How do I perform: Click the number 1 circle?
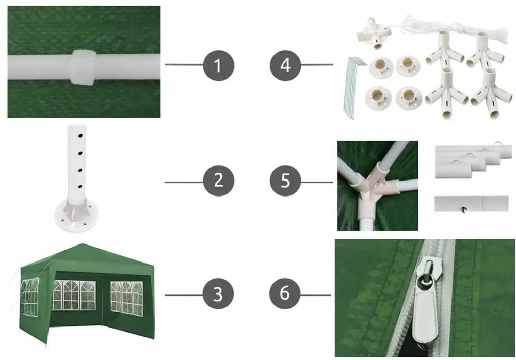[219, 65]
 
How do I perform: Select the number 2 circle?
[219, 181]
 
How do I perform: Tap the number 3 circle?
[218, 294]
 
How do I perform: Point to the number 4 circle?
[285, 65]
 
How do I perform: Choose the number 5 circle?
[285, 181]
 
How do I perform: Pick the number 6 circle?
[285, 293]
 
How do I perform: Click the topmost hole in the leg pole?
[80, 136]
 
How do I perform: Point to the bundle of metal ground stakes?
[354, 86]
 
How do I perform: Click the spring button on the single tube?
[464, 209]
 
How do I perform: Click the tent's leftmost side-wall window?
[29, 296]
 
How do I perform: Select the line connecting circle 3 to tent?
[184, 295]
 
